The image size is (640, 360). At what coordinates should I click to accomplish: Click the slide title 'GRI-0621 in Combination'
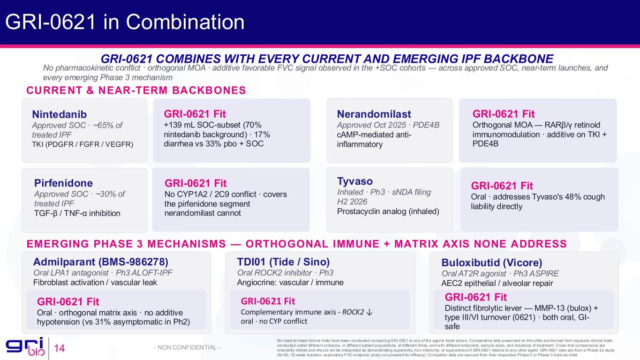[x=125, y=22]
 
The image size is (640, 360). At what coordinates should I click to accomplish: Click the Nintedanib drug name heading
[x=60, y=114]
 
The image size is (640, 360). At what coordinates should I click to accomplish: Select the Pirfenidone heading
[x=63, y=183]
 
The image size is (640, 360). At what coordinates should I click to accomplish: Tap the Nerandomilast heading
[x=374, y=114]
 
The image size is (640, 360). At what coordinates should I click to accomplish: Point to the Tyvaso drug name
[x=355, y=181]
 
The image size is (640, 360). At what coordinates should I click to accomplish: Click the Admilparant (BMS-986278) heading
[x=100, y=262]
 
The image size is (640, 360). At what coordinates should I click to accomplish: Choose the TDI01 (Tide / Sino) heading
[x=283, y=262]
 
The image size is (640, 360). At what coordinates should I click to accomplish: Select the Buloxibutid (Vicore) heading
[x=492, y=262]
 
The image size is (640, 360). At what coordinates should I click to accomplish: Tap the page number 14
[x=60, y=348]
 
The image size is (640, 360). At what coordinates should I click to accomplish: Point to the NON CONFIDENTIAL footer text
[x=187, y=347]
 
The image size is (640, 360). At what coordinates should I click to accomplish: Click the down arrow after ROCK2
[x=369, y=312]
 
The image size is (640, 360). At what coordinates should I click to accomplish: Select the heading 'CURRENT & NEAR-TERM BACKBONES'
[x=136, y=90]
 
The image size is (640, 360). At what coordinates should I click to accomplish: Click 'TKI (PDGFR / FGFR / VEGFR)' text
[x=83, y=144]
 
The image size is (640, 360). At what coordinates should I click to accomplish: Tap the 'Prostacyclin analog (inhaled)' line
[x=388, y=211]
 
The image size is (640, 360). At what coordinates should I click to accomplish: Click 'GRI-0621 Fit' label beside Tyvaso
[x=502, y=186]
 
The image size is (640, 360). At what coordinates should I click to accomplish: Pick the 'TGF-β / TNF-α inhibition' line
[x=77, y=213]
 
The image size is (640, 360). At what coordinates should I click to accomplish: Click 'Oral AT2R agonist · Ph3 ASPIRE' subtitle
[x=500, y=273]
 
